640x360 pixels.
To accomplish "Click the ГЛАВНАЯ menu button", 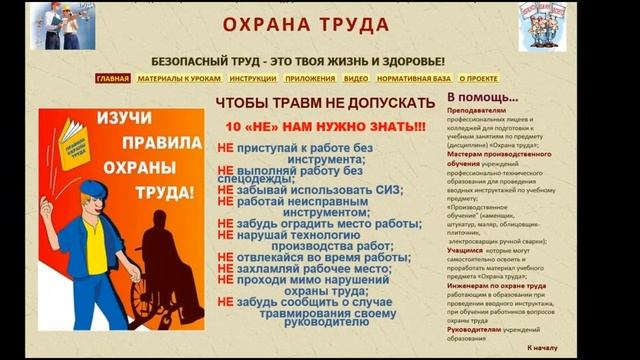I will coord(113,78).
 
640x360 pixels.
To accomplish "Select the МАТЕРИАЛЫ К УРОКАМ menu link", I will coord(179,78).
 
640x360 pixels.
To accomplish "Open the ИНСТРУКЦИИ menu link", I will coord(252,78).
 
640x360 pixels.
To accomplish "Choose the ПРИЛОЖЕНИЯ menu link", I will coord(309,78).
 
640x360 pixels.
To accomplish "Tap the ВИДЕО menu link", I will coord(356,78).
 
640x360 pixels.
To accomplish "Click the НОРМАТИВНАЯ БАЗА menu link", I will coord(414,78).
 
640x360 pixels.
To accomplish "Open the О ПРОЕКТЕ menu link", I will coord(478,78).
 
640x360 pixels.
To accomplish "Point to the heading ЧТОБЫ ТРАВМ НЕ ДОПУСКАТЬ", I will coord(325,103).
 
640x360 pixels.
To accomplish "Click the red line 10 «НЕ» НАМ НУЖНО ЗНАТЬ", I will coord(324,128).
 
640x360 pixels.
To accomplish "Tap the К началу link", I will coord(544,348).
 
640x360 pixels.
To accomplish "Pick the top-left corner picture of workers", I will coord(63,26).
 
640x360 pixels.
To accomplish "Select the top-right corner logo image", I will coord(543,25).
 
